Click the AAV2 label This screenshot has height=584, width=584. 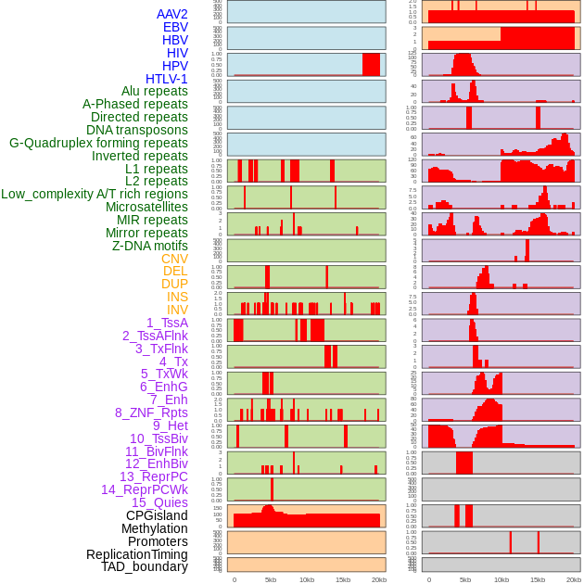[171, 14]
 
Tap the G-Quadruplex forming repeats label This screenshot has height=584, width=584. [98, 143]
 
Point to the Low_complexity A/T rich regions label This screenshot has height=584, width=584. [95, 194]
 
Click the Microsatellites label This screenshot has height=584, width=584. [146, 207]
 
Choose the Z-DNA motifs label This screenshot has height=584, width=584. [149, 246]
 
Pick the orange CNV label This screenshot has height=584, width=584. [174, 259]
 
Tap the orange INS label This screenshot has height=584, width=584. [176, 297]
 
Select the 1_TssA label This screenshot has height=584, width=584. [167, 323]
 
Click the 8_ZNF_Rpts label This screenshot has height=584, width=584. [151, 413]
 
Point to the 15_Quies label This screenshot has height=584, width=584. [159, 502]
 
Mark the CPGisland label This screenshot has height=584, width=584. [157, 515]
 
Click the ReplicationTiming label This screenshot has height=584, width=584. [136, 554]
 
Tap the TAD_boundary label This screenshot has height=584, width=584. [144, 566]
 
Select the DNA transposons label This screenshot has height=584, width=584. [136, 130]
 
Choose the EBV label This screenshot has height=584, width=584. [175, 27]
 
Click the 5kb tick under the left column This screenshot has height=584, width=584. [271, 579]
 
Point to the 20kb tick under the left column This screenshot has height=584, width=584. [378, 579]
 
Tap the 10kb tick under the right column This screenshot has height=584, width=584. [501, 579]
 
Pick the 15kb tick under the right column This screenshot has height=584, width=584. [537, 579]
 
